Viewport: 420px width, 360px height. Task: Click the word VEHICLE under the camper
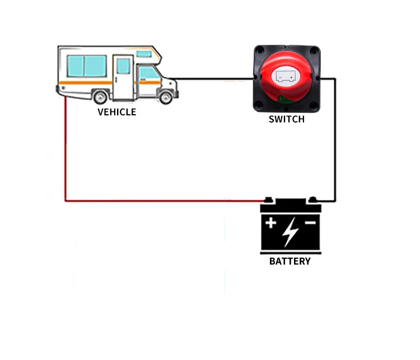pyautogui.click(x=116, y=112)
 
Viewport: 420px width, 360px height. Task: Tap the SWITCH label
pyautogui.click(x=287, y=119)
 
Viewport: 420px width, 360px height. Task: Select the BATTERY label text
pyautogui.click(x=290, y=261)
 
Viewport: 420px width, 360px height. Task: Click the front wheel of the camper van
pyautogui.click(x=165, y=97)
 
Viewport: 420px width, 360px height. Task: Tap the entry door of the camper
pyautogui.click(x=123, y=76)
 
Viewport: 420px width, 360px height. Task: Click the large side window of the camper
pyautogui.click(x=86, y=66)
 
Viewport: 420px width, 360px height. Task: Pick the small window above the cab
pyautogui.click(x=144, y=54)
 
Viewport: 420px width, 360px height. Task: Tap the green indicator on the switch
pyautogui.click(x=282, y=99)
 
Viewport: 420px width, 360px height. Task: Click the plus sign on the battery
pyautogui.click(x=271, y=223)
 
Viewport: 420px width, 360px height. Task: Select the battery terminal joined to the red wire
pyautogui.click(x=269, y=200)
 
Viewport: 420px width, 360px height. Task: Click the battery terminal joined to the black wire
pyautogui.click(x=312, y=200)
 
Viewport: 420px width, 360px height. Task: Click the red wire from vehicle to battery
pyautogui.click(x=66, y=157)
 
